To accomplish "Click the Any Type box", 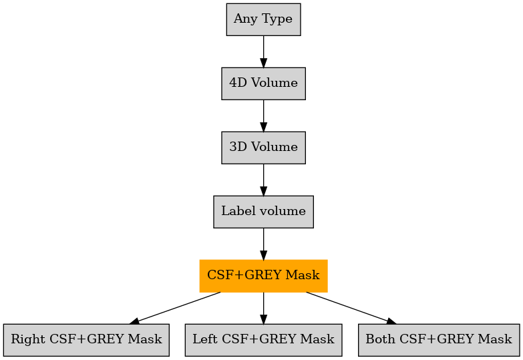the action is click(263, 19).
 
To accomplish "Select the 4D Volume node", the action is click(263, 83).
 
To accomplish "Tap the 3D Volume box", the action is click(263, 148).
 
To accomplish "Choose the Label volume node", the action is click(263, 212).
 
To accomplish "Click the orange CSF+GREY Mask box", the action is click(263, 276).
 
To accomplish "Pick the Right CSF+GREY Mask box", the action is click(86, 340).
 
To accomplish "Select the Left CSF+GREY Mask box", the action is click(263, 340).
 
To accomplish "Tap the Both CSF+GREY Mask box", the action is click(439, 340).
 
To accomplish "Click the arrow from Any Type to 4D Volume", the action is click(263, 51).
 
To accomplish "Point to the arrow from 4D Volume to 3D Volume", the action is click(263, 116).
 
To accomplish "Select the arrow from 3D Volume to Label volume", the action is click(263, 180).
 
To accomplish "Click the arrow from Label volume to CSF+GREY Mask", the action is click(263, 244).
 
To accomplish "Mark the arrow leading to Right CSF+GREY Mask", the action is click(175, 308).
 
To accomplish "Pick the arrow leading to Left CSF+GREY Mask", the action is click(263, 308).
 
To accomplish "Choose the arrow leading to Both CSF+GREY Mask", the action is click(351, 308).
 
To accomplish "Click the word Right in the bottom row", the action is click(28, 340).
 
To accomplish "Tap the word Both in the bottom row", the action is click(380, 339).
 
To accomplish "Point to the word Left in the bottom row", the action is click(205, 339).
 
